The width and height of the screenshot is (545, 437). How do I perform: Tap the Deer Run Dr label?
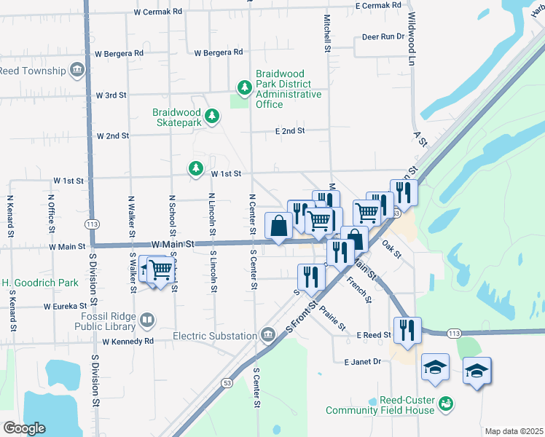383,36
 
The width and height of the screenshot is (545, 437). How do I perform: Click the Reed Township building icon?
77,70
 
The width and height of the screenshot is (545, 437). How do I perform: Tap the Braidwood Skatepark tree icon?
211,116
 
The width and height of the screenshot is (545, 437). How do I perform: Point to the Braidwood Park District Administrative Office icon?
245,88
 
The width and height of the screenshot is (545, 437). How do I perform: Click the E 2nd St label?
289,131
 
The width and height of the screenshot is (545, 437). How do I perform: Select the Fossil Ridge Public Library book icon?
147,320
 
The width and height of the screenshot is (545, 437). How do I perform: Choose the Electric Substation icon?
267,334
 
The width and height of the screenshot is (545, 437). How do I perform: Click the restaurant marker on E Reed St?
407,329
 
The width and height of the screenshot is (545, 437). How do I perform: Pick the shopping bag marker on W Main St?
279,226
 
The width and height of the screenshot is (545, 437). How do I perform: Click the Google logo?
23,428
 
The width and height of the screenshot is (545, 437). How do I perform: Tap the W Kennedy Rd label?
128,341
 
